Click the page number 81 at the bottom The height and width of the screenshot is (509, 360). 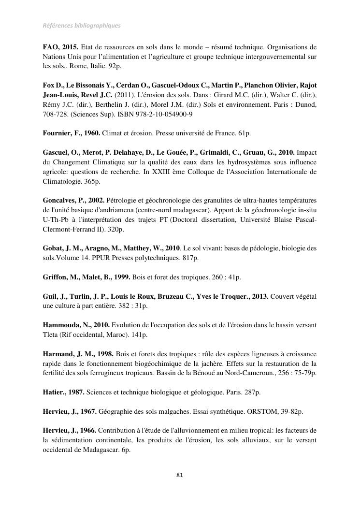180,475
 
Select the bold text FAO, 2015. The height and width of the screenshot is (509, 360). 60,47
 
